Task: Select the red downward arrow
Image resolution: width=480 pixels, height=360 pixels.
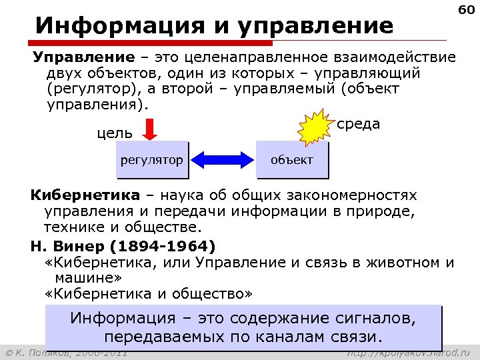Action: tap(151, 129)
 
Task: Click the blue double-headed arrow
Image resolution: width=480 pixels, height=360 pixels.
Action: tap(223, 160)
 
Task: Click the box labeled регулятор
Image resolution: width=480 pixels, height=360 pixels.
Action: tap(151, 160)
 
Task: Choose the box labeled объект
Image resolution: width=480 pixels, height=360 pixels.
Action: tap(292, 160)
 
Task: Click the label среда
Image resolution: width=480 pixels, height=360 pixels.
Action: tap(359, 124)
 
